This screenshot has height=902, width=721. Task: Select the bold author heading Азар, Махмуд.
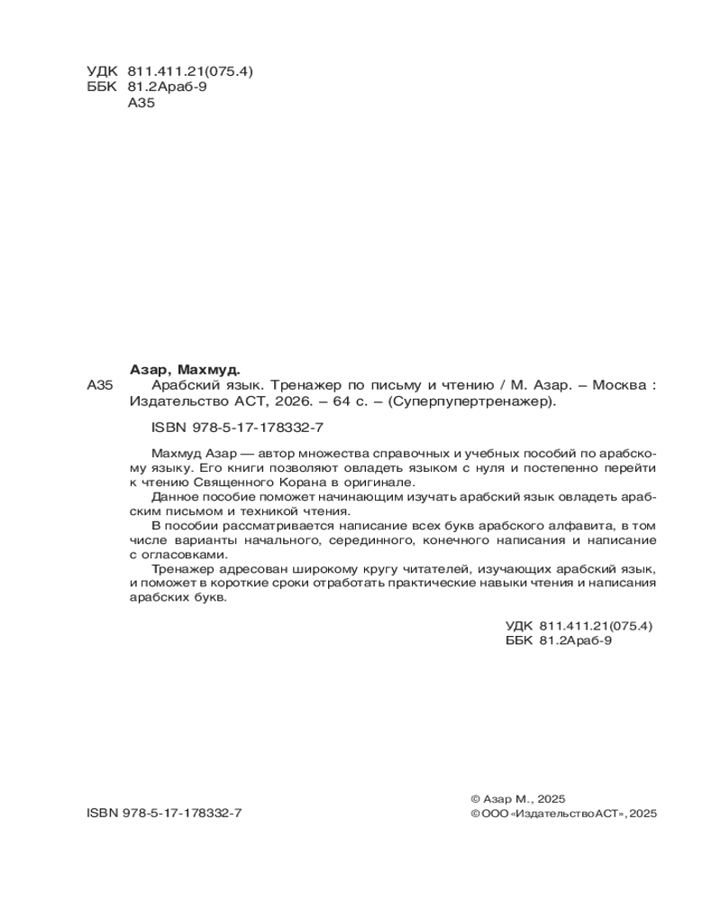click(186, 369)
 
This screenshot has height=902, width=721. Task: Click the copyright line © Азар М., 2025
click(517, 798)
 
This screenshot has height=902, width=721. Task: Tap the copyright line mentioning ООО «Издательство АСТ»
click(564, 813)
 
